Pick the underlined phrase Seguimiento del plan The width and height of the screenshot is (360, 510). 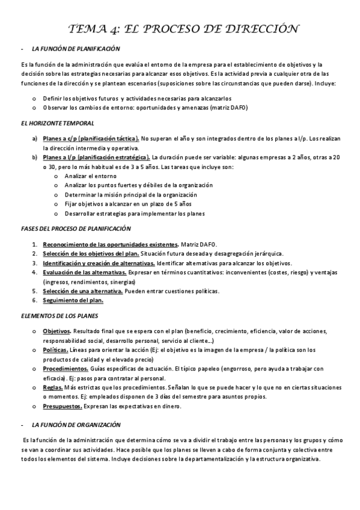(73, 300)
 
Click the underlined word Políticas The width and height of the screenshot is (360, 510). (55, 349)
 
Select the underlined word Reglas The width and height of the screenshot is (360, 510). (53, 387)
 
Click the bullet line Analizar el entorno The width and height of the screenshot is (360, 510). (87, 176)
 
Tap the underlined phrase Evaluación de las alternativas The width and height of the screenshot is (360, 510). (85, 272)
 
